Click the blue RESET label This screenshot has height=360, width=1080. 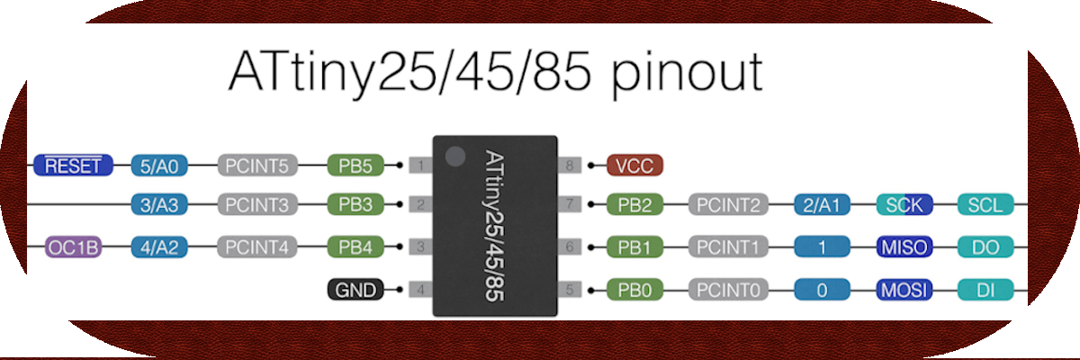pos(73,166)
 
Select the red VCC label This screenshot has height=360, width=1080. pos(635,166)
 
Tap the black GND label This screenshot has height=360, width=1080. pos(355,290)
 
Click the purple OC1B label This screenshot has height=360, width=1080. pos(73,247)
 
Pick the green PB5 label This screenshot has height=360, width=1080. pos(355,166)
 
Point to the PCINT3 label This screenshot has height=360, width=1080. pos(256,206)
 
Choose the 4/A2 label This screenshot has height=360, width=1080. pos(158,247)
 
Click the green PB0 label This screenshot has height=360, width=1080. pos(635,290)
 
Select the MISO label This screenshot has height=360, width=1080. pos(904,247)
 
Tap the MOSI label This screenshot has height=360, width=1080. pos(904,290)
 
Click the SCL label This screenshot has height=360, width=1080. pos(985,205)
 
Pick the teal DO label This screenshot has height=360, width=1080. pos(985,247)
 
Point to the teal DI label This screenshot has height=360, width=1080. pos(985,290)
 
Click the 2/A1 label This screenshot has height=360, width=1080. pos(822,205)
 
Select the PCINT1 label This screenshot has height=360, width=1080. pos(729,247)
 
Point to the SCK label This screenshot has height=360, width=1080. pos(904,205)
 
